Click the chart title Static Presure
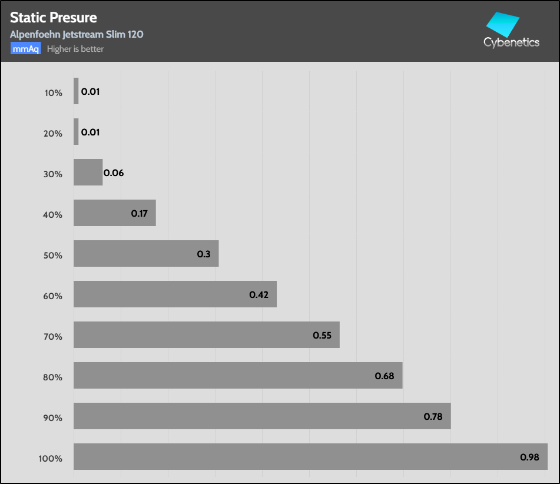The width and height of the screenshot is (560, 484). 54,18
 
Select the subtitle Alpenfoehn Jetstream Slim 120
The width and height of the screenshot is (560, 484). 77,34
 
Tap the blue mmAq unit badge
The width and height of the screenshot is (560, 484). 25,49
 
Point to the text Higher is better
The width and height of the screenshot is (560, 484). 75,49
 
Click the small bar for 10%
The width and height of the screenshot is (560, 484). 76,91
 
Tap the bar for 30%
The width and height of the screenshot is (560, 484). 88,173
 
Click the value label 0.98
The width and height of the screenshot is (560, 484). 529,457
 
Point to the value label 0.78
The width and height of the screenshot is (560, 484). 433,416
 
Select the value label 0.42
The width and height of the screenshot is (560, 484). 259,294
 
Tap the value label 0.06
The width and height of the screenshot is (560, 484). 114,173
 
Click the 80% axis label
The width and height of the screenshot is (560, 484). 52,377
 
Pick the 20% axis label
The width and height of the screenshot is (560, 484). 52,133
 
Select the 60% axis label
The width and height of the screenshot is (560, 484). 52,296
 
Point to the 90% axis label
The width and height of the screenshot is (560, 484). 52,417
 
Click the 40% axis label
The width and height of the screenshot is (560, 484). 52,214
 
